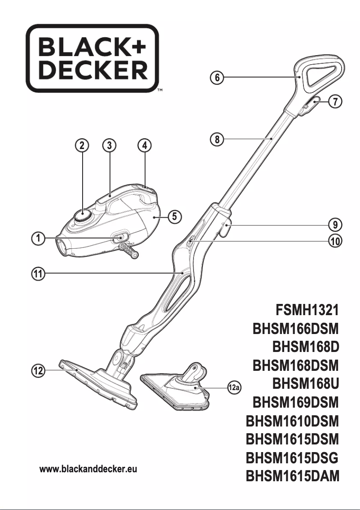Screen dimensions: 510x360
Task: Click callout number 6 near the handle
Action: click(217, 77)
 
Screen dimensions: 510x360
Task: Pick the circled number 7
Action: click(335, 101)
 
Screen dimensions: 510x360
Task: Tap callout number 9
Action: click(335, 223)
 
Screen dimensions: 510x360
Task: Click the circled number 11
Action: click(39, 273)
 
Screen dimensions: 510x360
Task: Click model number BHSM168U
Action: click(305, 384)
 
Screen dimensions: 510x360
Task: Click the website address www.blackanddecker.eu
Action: click(88, 469)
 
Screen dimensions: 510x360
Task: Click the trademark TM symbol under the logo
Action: click(159, 91)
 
